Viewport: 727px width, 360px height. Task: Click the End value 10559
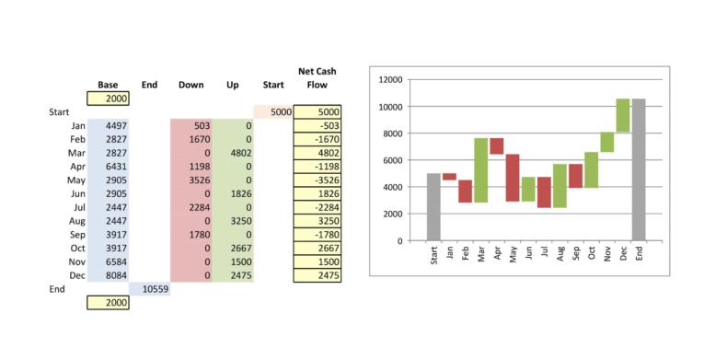point(151,289)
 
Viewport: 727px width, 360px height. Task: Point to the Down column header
point(190,86)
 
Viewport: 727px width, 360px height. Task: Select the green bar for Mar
point(480,170)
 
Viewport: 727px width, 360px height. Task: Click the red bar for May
point(513,178)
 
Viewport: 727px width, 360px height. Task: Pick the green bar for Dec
point(623,115)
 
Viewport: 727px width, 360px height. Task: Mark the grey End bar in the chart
point(639,169)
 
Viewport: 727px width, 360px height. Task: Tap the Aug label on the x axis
point(560,253)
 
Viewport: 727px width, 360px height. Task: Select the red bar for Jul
point(545,192)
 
